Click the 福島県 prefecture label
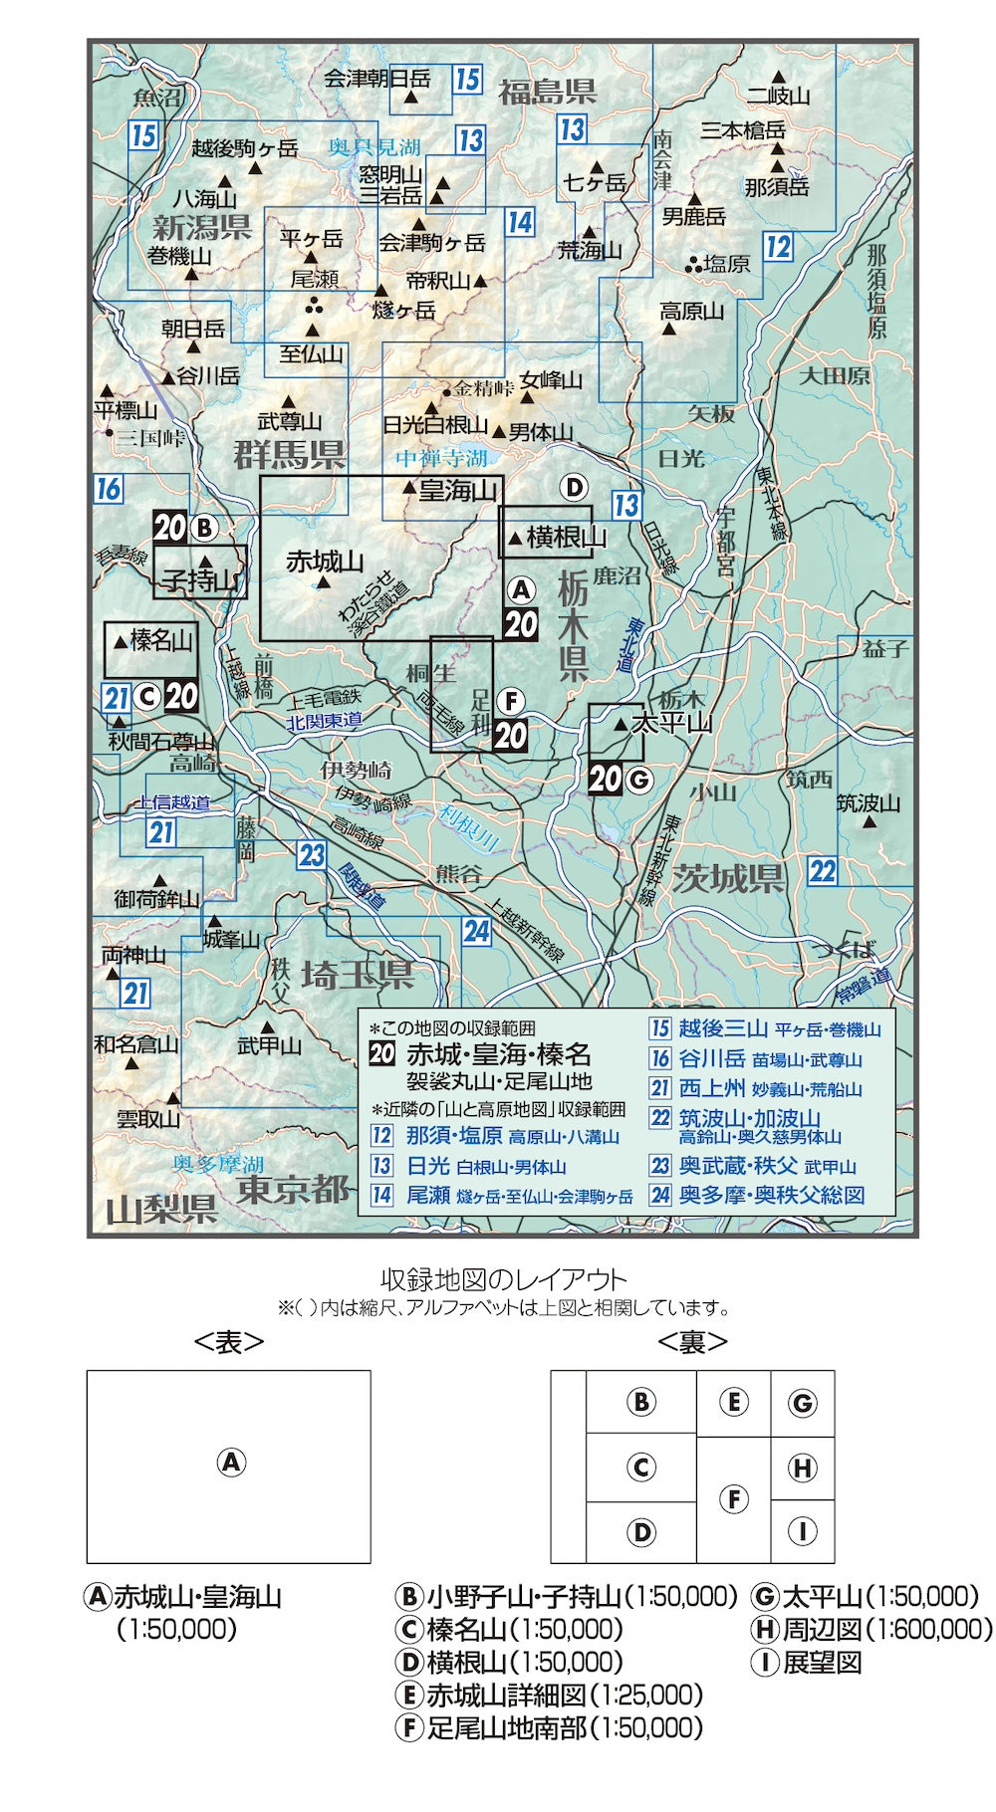[x=547, y=93]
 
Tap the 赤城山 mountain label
[x=325, y=562]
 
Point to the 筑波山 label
[x=868, y=803]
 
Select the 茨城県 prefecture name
[x=728, y=879]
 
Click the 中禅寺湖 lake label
[x=442, y=458]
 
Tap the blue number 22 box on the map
[x=823, y=871]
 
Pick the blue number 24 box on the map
[x=477, y=931]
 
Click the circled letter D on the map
[x=574, y=488]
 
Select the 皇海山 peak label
[x=457, y=490]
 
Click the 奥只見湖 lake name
[x=374, y=147]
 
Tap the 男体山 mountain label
[x=541, y=432]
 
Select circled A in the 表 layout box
[x=230, y=1463]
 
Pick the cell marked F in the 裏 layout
[x=733, y=1499]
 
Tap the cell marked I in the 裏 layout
[x=802, y=1531]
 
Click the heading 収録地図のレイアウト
[x=504, y=1279]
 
